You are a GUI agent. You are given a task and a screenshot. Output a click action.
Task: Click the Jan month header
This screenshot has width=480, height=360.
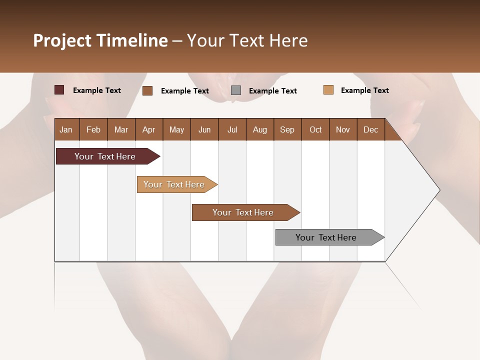click(66, 129)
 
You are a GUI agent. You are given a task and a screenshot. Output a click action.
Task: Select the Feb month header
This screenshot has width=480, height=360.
click(93, 129)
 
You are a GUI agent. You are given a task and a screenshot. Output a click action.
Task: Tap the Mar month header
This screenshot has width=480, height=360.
click(121, 129)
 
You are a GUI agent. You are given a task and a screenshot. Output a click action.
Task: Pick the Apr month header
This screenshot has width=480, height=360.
click(149, 129)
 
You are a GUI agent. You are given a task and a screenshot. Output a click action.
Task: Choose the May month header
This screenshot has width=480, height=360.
click(176, 129)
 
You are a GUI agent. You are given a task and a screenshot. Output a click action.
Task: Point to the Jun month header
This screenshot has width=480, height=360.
click(204, 129)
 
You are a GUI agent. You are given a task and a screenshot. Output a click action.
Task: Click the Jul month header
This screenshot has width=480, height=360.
click(232, 129)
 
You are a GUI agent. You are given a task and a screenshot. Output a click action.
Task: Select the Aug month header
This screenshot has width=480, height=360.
click(260, 129)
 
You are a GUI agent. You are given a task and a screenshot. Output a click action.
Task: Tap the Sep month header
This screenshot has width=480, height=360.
click(287, 129)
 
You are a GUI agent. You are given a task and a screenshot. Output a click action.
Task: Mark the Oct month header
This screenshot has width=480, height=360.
click(315, 129)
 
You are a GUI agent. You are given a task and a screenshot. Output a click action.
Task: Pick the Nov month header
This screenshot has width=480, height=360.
click(343, 129)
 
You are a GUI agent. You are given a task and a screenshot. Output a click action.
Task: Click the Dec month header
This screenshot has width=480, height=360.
click(371, 129)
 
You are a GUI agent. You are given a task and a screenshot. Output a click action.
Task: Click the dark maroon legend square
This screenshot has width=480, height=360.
click(59, 90)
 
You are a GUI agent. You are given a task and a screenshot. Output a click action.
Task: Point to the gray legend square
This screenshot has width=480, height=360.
click(236, 90)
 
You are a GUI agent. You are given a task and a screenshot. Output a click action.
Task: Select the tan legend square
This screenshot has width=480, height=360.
click(328, 90)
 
